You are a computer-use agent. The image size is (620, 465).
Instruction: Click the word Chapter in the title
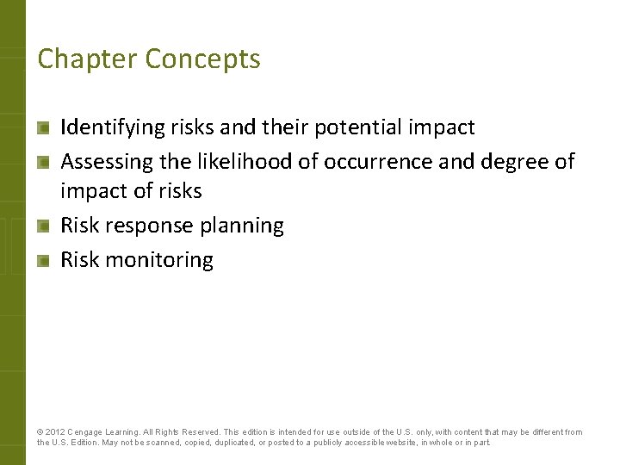pyautogui.click(x=87, y=59)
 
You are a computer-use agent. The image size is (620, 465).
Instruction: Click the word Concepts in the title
pyautogui.click(x=203, y=59)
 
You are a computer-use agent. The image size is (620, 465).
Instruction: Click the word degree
pyautogui.click(x=509, y=161)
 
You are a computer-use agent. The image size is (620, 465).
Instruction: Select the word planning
pyautogui.click(x=241, y=226)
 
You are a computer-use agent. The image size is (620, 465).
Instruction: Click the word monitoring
pyautogui.click(x=159, y=259)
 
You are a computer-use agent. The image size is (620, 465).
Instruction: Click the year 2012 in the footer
pyautogui.click(x=54, y=432)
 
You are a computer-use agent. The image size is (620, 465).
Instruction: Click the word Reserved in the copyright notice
pyautogui.click(x=199, y=432)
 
